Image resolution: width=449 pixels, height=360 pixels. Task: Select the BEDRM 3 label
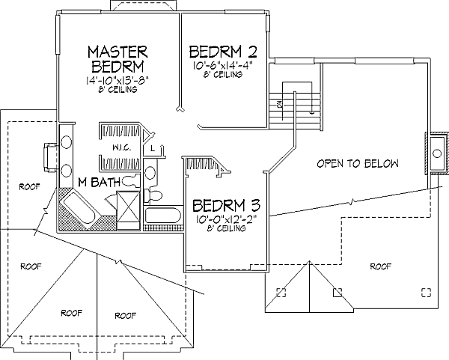point(226,205)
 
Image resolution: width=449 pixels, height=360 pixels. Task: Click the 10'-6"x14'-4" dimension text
point(223,66)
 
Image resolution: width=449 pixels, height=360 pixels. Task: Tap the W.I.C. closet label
point(123,147)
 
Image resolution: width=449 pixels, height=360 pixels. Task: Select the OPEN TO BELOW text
point(357,163)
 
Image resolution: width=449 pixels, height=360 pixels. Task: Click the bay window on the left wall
point(48,158)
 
